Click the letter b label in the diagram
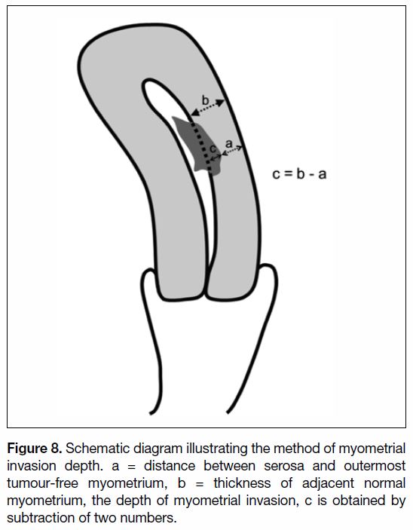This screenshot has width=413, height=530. pyautogui.click(x=206, y=100)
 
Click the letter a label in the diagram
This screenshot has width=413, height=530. pyautogui.click(x=229, y=144)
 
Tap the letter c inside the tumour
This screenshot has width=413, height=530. pyautogui.click(x=213, y=149)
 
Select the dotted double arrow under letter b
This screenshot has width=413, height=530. pyautogui.click(x=207, y=108)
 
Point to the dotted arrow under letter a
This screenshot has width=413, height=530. pyautogui.click(x=232, y=151)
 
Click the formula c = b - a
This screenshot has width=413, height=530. pyautogui.click(x=299, y=174)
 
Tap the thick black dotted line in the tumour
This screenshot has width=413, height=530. pyautogui.click(x=202, y=146)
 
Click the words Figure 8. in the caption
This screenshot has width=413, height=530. pyautogui.click(x=35, y=449)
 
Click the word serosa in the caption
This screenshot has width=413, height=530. pyautogui.click(x=284, y=466)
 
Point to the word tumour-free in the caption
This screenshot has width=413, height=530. pyautogui.click(x=43, y=483)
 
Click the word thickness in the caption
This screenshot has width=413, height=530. pyautogui.click(x=242, y=483)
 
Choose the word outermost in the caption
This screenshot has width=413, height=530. pyautogui.click(x=375, y=466)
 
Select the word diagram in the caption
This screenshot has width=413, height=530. pyautogui.click(x=158, y=449)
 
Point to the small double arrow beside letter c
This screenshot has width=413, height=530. pyautogui.click(x=216, y=157)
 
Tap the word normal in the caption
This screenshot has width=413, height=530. pyautogui.click(x=384, y=483)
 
